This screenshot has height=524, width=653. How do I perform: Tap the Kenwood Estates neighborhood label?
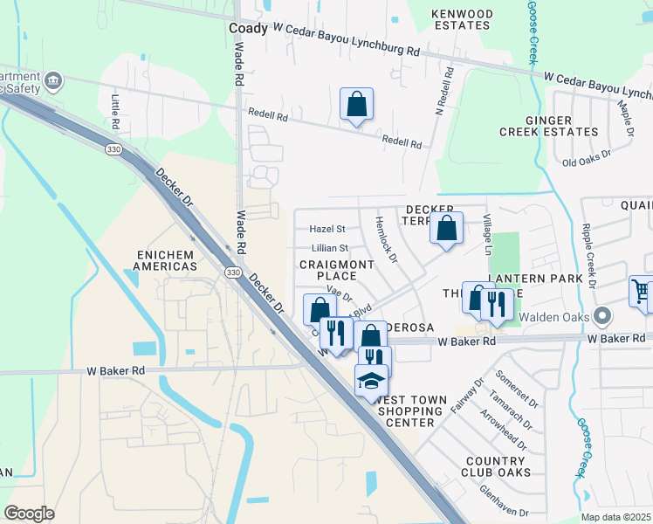click(x=462, y=20)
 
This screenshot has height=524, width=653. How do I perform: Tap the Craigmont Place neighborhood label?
click(x=330, y=269)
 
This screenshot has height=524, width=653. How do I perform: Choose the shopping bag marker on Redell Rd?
click(x=356, y=105)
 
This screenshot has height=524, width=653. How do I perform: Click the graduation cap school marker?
click(x=370, y=381)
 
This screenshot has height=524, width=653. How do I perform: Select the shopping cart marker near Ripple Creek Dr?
click(x=642, y=292)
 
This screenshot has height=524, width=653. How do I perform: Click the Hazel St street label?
click(x=328, y=229)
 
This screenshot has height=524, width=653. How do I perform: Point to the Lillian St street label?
click(x=330, y=249)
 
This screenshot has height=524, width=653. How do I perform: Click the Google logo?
click(x=29, y=513)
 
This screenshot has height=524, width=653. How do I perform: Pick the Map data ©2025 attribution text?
click(x=616, y=517)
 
